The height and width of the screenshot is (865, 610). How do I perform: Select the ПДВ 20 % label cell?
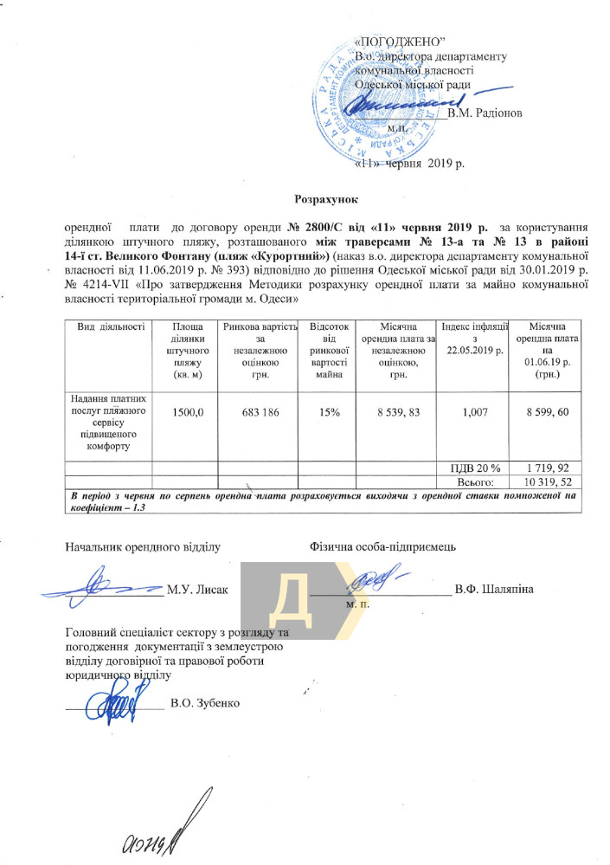[x=475, y=467]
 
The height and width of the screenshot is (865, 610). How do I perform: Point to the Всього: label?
[x=475, y=481]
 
